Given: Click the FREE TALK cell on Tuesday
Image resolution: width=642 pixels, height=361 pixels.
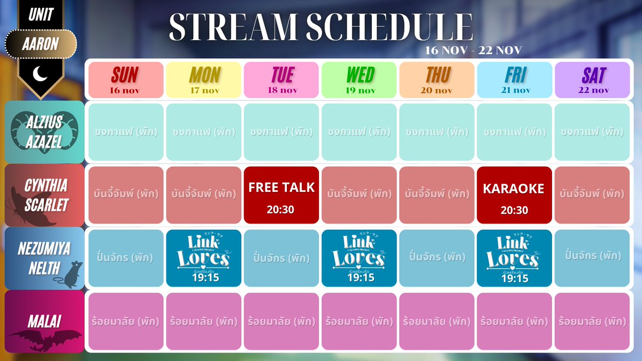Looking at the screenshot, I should coord(281,195).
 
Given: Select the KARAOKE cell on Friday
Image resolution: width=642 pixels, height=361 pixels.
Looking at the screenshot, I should coord(514,195).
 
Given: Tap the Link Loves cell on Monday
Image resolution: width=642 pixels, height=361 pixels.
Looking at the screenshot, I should coord(204,258).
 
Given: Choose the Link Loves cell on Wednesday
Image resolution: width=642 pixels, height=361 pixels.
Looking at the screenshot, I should coord(359,258).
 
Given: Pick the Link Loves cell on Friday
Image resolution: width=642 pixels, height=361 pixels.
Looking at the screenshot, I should coord(514,258).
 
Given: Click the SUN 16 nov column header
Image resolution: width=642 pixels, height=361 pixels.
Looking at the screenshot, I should coord(126,80).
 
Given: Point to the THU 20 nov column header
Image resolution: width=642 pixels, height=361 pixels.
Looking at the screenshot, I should coord(437,80).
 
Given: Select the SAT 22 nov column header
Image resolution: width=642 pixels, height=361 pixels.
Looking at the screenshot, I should coord(592,80).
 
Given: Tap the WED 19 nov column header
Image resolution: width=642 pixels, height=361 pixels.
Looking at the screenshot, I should coord(359,80).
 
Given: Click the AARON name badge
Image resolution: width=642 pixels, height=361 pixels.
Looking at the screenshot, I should coord(41,43).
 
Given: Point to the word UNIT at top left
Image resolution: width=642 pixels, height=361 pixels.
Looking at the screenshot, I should coord(41,14).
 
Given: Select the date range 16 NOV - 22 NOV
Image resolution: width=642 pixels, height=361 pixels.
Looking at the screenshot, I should coord(473,50).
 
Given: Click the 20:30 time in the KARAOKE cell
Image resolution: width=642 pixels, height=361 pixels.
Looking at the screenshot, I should coord(514,210).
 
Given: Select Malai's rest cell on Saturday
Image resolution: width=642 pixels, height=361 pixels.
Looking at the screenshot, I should coord(592,322).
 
